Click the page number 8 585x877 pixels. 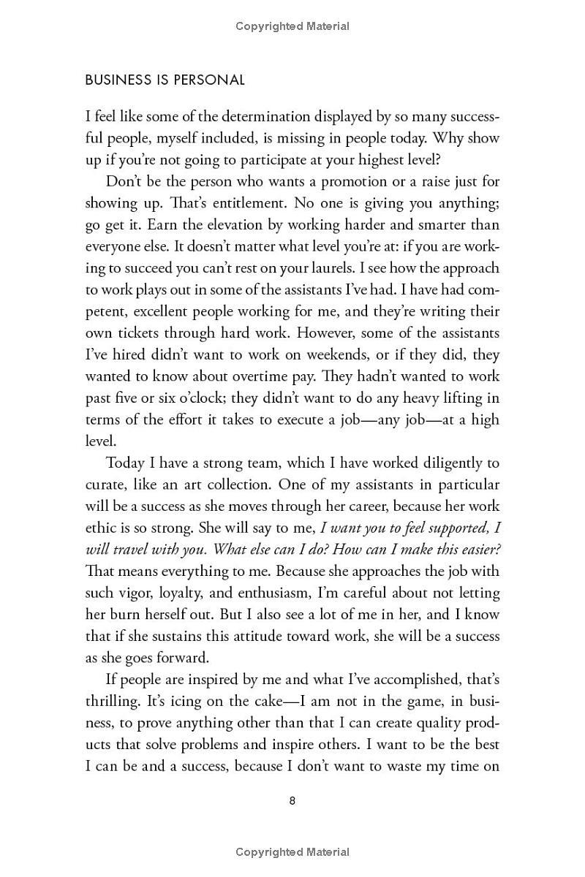(x=292, y=800)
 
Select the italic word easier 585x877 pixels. (x=479, y=549)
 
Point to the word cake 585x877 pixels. (x=271, y=701)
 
